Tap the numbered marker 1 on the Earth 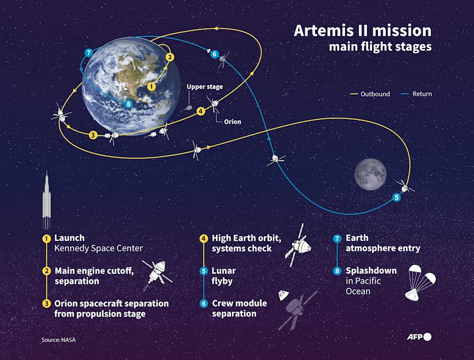(152, 86)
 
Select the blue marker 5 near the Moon (396, 198)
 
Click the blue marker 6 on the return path (214, 54)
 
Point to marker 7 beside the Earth (89, 53)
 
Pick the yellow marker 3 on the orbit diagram (92, 134)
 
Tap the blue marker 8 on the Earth (129, 104)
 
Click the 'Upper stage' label (204, 87)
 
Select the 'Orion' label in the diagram (233, 121)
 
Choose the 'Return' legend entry (422, 94)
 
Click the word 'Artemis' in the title (323, 31)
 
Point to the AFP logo (419, 337)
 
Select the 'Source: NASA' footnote (58, 340)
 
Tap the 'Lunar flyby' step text (224, 276)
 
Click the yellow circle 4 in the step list (203, 239)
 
